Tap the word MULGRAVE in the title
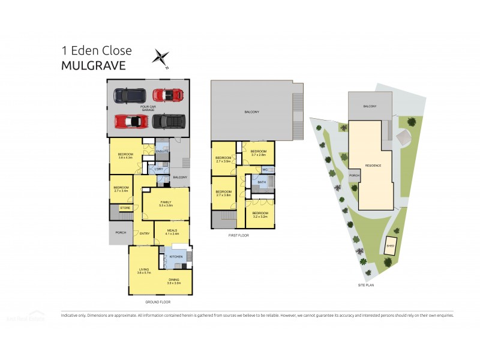pyautogui.click(x=94, y=65)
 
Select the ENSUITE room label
pyautogui.click(x=161, y=151)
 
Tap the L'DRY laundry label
pyautogui.click(x=159, y=169)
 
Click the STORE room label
pyautogui.click(x=125, y=208)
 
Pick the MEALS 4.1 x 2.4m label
pyautogui.click(x=172, y=231)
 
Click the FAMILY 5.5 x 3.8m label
pyautogui.click(x=166, y=203)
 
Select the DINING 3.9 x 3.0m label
pyautogui.click(x=174, y=281)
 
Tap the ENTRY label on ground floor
pyautogui.click(x=145, y=233)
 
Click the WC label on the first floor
pyautogui.click(x=265, y=170)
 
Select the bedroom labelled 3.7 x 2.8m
pyautogui.click(x=259, y=152)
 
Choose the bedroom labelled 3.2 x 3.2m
pyautogui.click(x=260, y=215)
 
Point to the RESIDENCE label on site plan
pyautogui.click(x=373, y=165)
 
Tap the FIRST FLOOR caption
pyautogui.click(x=238, y=236)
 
